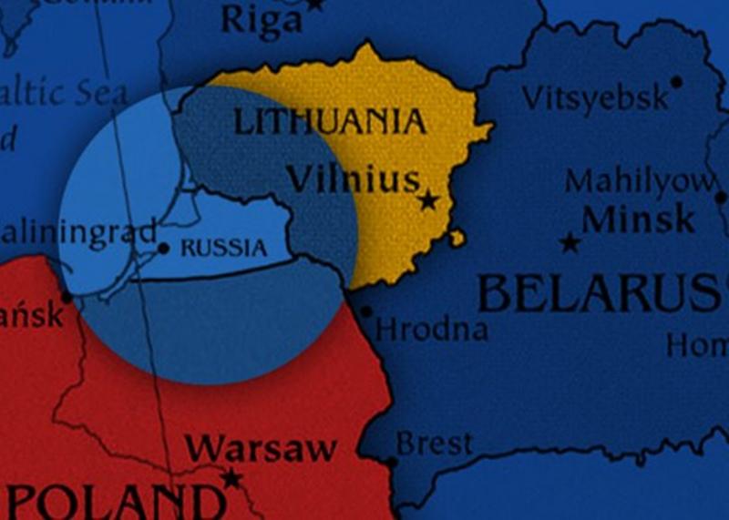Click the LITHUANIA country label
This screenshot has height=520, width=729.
pyautogui.click(x=330, y=122)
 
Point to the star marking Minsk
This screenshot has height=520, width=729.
pyautogui.click(x=570, y=243)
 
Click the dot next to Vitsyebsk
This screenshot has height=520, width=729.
pyautogui.click(x=676, y=82)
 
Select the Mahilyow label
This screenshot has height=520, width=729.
pyautogui.click(x=638, y=180)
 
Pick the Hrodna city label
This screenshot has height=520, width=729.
pyautogui.click(x=432, y=328)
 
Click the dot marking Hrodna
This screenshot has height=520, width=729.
pyautogui.click(x=366, y=311)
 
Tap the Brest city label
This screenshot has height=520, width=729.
pyautogui.click(x=435, y=444)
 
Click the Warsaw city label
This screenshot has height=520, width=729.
pyautogui.click(x=262, y=448)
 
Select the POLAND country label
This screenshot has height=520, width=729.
pyautogui.click(x=118, y=502)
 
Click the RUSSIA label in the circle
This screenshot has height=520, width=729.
pyautogui.click(x=224, y=248)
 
